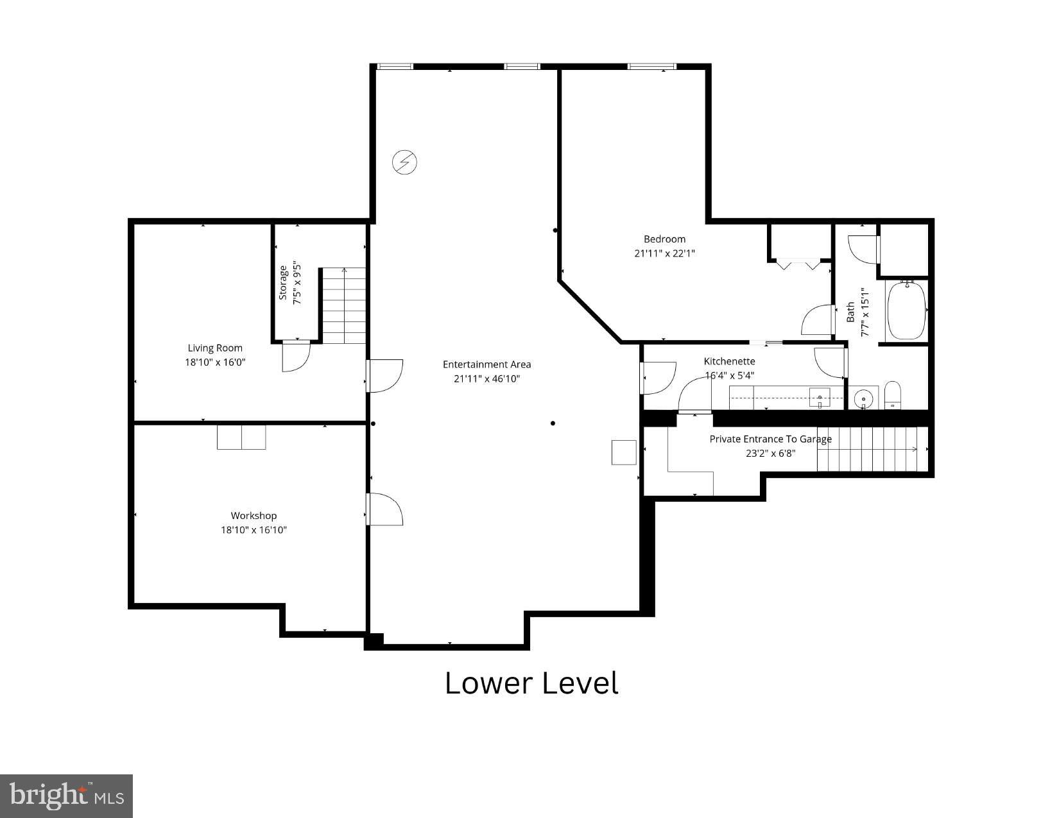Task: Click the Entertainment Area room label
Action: pos(486,364)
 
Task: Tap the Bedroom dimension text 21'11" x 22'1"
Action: pos(664,253)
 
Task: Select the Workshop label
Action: pos(254,516)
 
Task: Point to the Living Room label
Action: pos(215,348)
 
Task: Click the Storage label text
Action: pos(283,283)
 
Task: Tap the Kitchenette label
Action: pos(729,361)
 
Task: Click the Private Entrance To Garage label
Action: pos(770,439)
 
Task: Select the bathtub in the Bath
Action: pos(906,311)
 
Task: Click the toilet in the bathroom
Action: pos(893,395)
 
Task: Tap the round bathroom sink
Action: pos(865,398)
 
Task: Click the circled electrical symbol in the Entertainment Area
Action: pos(404,162)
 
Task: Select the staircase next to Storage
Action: pos(343,306)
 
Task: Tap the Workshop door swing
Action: pos(384,509)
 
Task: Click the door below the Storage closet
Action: pos(296,356)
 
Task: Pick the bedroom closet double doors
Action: pos(798,264)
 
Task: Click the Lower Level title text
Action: pos(531,683)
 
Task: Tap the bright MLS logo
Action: pos(67,796)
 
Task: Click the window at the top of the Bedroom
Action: pos(651,66)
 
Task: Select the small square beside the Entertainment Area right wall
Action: pos(623,452)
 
